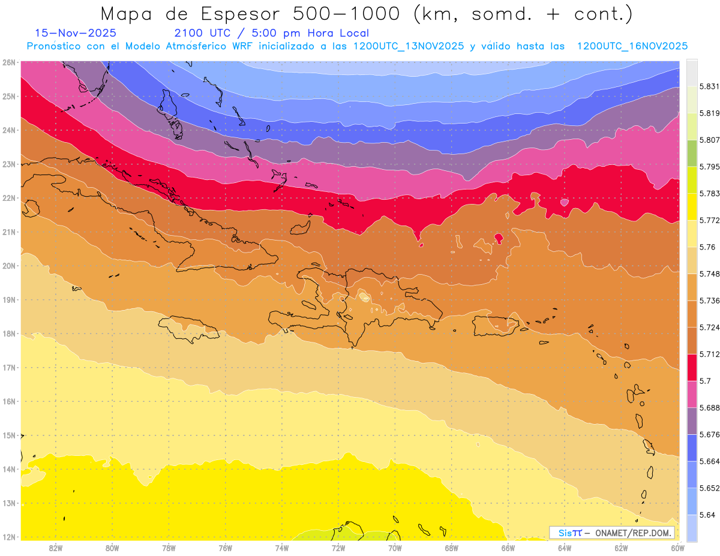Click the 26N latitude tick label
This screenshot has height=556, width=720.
pos(8,62)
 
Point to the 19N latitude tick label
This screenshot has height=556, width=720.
pos(8,299)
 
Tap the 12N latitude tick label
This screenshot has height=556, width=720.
pos(8,537)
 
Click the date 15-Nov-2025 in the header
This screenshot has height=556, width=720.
pos(76,33)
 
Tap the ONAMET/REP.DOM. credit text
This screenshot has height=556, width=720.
pos(634,533)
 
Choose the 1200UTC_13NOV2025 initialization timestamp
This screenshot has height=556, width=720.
pos(409,46)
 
